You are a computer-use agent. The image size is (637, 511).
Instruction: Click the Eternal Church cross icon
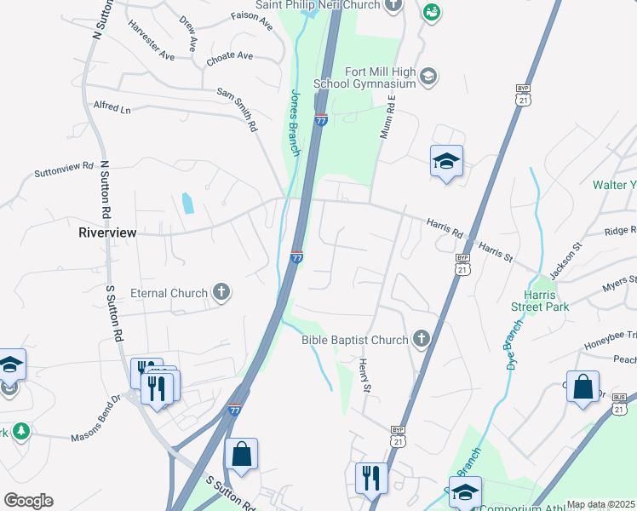[x=221, y=293]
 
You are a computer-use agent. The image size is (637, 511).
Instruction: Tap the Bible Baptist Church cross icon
[x=420, y=340]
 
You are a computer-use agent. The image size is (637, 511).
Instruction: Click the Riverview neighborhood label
[x=107, y=232]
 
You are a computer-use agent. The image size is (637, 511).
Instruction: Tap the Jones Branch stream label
[x=295, y=123]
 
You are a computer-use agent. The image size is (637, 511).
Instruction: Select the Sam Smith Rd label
[x=237, y=109]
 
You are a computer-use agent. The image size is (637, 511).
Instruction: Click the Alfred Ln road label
[x=112, y=108]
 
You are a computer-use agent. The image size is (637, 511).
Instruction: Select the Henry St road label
[x=364, y=376]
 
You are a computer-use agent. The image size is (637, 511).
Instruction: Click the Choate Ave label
[x=230, y=56]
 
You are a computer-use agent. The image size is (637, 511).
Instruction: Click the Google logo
[x=28, y=501]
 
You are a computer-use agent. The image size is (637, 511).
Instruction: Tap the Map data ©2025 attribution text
[x=600, y=504]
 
